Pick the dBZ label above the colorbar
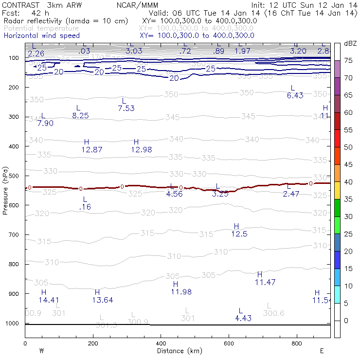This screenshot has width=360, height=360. coord(350,44)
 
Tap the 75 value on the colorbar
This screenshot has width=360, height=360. coord(348,60)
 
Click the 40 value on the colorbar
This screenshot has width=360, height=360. coord(348,181)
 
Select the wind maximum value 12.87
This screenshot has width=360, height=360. coord(91,150)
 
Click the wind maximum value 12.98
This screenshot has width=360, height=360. coord(142,150)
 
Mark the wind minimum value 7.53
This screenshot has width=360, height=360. coord(126,108)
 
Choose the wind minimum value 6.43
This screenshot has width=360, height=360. coord(295,95)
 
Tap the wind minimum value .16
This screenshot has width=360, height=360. coord(85,207)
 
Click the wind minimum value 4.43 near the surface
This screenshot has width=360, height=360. coord(243,318)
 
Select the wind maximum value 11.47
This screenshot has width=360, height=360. coord(265,282)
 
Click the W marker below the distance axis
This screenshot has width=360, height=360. coord(42,350)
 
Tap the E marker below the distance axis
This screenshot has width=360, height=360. coord(321,350)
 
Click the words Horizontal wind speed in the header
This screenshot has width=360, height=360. coord(42,36)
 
